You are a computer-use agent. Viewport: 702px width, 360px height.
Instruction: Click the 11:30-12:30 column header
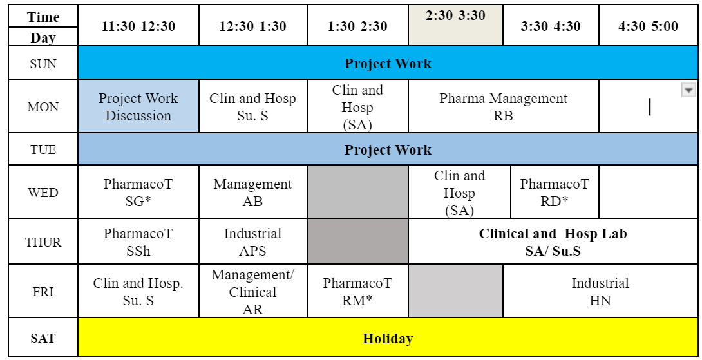click(138, 26)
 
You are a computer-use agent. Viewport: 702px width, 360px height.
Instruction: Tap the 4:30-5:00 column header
click(648, 26)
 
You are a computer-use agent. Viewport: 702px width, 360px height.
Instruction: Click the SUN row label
click(43, 63)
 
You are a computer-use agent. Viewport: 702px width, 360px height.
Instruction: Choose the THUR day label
click(43, 242)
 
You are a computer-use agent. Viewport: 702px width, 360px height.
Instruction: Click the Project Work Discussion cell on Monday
click(138, 106)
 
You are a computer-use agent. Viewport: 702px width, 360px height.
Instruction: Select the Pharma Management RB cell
click(503, 106)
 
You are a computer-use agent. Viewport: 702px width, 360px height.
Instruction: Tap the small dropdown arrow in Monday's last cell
click(688, 90)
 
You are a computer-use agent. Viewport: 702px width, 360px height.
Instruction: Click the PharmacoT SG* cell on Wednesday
click(138, 192)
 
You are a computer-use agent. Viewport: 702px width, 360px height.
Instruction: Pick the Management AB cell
click(253, 192)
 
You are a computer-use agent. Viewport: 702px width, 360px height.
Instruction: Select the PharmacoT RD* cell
click(555, 192)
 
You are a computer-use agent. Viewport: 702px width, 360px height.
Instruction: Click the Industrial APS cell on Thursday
click(253, 242)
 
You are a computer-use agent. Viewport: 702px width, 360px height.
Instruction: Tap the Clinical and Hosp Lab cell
click(553, 242)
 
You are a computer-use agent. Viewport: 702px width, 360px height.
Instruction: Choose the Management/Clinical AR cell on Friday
click(253, 292)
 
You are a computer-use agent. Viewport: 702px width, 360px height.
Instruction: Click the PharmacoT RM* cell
click(357, 292)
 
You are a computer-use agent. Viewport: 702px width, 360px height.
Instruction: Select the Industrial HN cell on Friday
click(600, 292)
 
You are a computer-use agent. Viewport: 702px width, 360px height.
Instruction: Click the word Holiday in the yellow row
click(388, 339)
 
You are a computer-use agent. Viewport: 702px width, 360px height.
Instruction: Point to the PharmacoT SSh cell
click(138, 242)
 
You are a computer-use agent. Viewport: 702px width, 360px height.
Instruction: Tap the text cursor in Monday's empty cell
click(649, 107)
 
